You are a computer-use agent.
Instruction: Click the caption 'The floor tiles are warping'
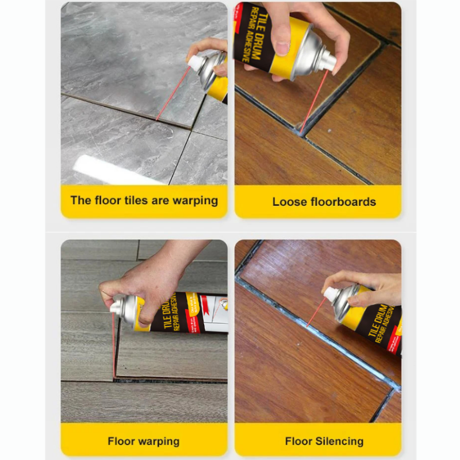144,201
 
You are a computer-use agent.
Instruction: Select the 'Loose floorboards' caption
324,202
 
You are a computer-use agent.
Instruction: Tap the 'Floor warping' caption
143,442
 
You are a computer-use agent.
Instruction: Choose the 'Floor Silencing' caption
324,442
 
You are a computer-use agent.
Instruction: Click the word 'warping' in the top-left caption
195,201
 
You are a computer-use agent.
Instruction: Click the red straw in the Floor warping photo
114,345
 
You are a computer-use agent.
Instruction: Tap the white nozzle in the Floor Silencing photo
330,294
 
